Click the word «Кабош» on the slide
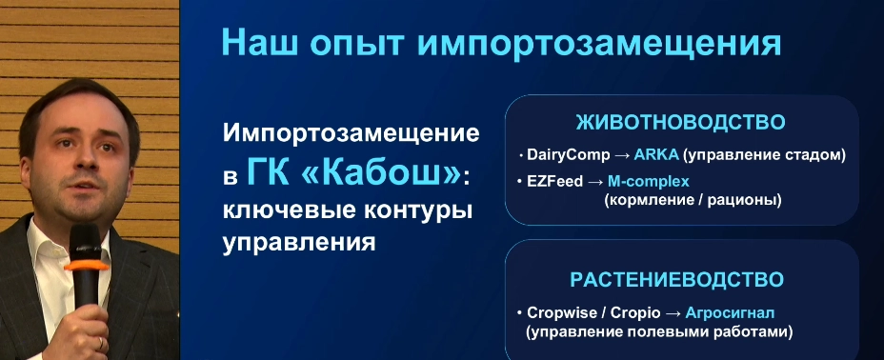click(x=381, y=174)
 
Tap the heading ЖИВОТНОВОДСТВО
click(x=680, y=123)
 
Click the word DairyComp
click(x=569, y=155)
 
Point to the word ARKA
click(x=656, y=155)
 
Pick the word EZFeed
click(x=554, y=182)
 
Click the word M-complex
click(x=649, y=182)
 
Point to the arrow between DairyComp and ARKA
click(x=622, y=156)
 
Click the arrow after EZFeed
click(x=595, y=183)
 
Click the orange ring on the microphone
click(x=86, y=265)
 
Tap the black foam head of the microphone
click(x=85, y=242)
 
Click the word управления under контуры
click(x=299, y=244)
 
